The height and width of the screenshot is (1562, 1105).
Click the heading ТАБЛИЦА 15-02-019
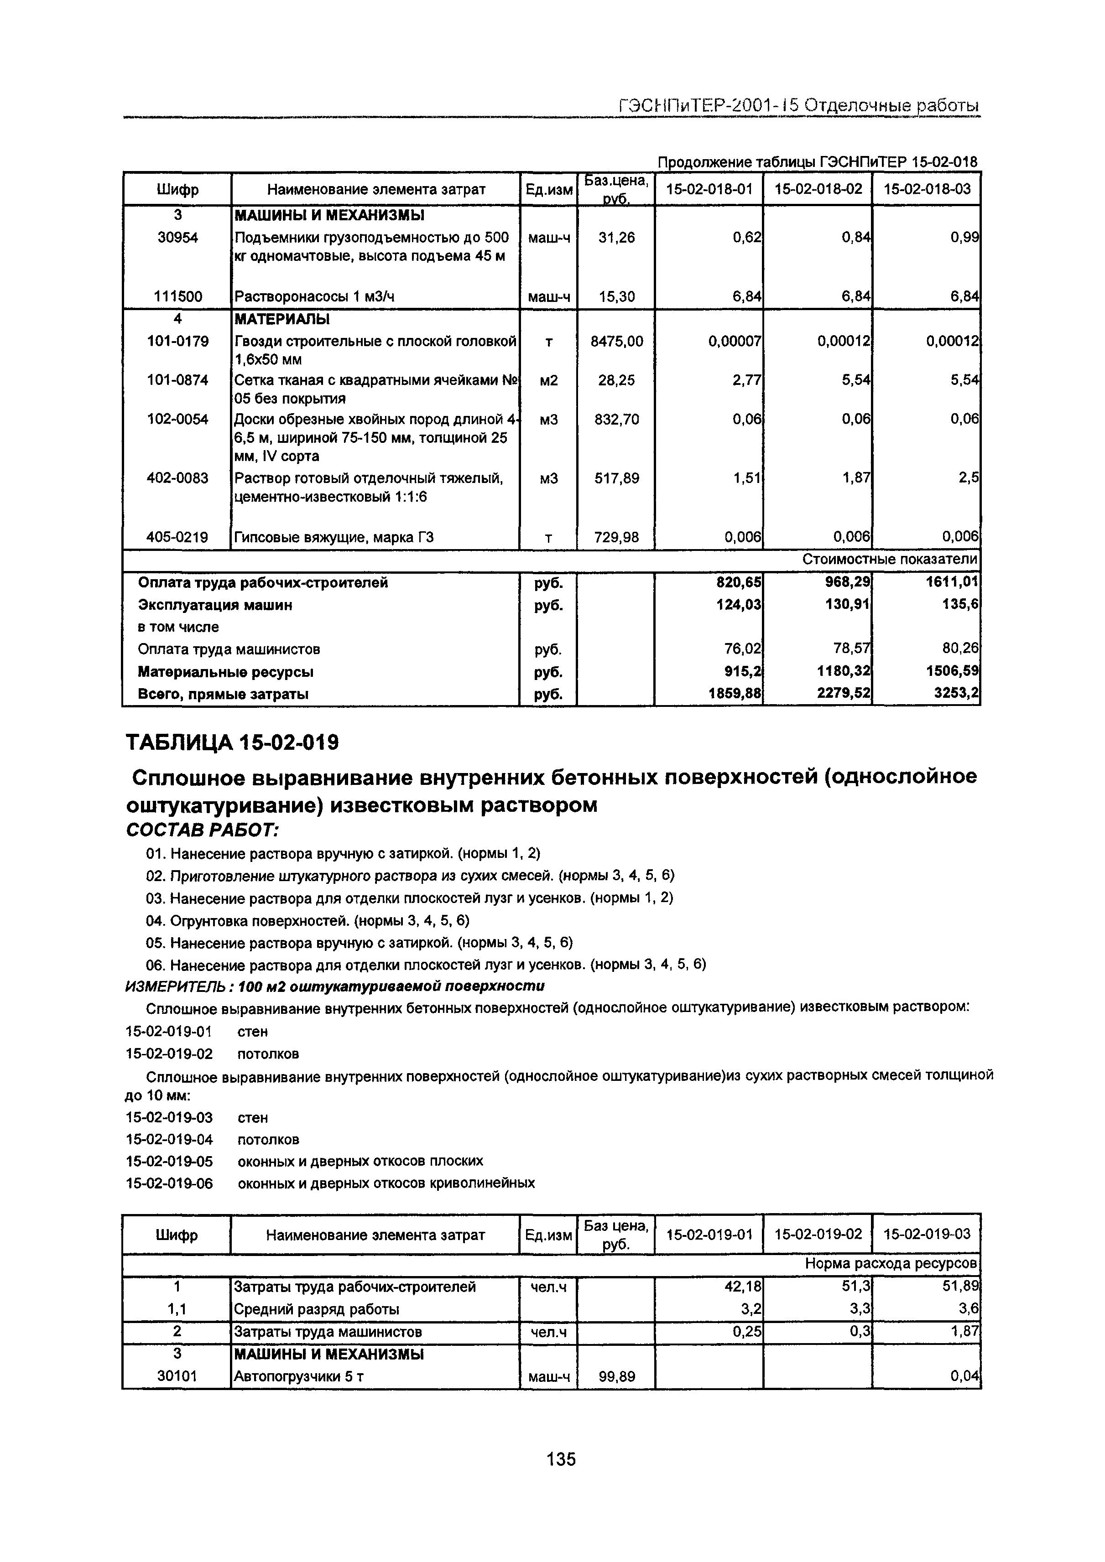coord(232,742)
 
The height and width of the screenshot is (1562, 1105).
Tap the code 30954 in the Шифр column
coord(177,238)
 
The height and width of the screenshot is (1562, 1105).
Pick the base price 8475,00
coord(616,341)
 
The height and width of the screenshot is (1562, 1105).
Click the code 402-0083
coord(177,478)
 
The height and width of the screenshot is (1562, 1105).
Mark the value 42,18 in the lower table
coord(744,1287)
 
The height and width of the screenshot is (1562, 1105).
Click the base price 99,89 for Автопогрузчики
coord(616,1377)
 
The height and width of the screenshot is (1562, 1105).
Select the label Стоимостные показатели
coord(889,559)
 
